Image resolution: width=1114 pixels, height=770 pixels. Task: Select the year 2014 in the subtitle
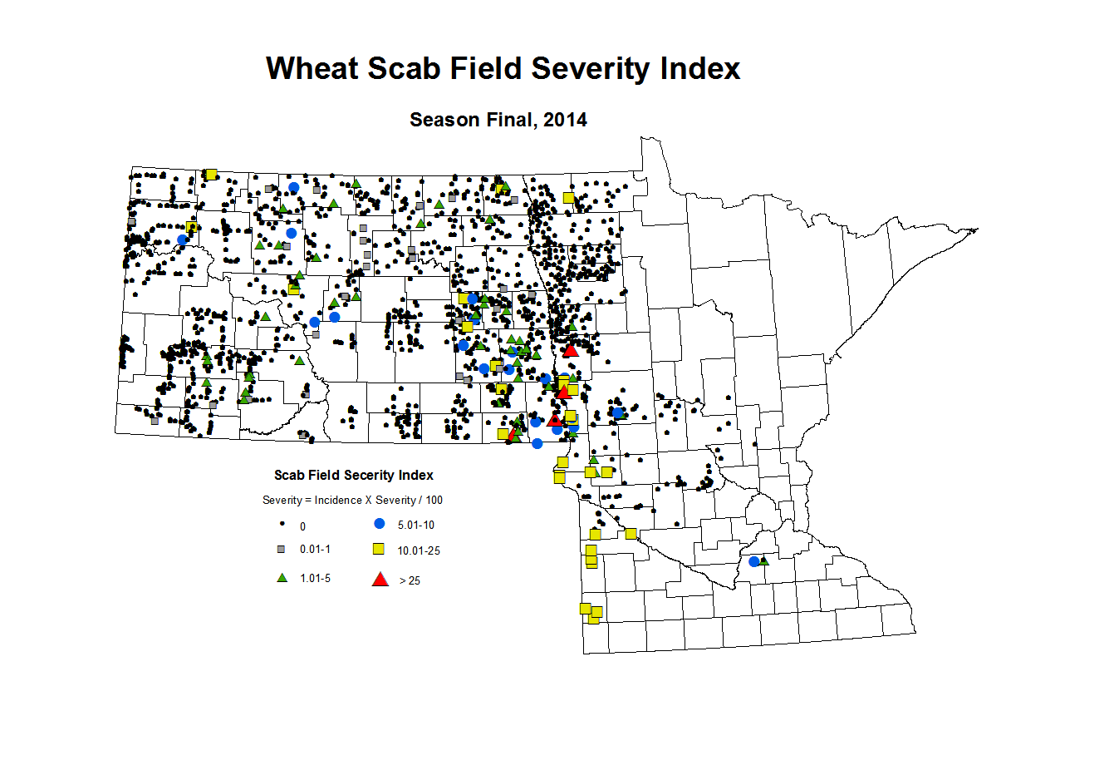point(565,120)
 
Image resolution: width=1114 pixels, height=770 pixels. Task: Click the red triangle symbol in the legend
point(380,580)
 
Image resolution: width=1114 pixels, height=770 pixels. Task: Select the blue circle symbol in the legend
point(380,524)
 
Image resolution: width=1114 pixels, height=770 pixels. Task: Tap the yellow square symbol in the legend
point(378,550)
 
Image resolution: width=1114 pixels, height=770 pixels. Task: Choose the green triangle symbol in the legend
point(282,577)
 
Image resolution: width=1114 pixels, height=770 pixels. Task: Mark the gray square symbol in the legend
point(281,550)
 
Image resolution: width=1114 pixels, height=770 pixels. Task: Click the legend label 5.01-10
point(415,526)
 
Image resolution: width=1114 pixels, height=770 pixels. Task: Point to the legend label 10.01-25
point(419,550)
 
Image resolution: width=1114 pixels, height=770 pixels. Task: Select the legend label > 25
point(410,580)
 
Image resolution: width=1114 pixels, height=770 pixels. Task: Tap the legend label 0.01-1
point(315,550)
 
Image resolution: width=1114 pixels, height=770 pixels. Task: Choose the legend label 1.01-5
point(315,578)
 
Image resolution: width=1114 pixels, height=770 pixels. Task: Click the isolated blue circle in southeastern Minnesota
point(754,562)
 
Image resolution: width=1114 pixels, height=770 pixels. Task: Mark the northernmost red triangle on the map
point(570,350)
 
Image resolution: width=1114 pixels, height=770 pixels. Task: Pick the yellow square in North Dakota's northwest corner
point(211,174)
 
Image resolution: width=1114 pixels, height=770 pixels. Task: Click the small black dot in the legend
point(282,524)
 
